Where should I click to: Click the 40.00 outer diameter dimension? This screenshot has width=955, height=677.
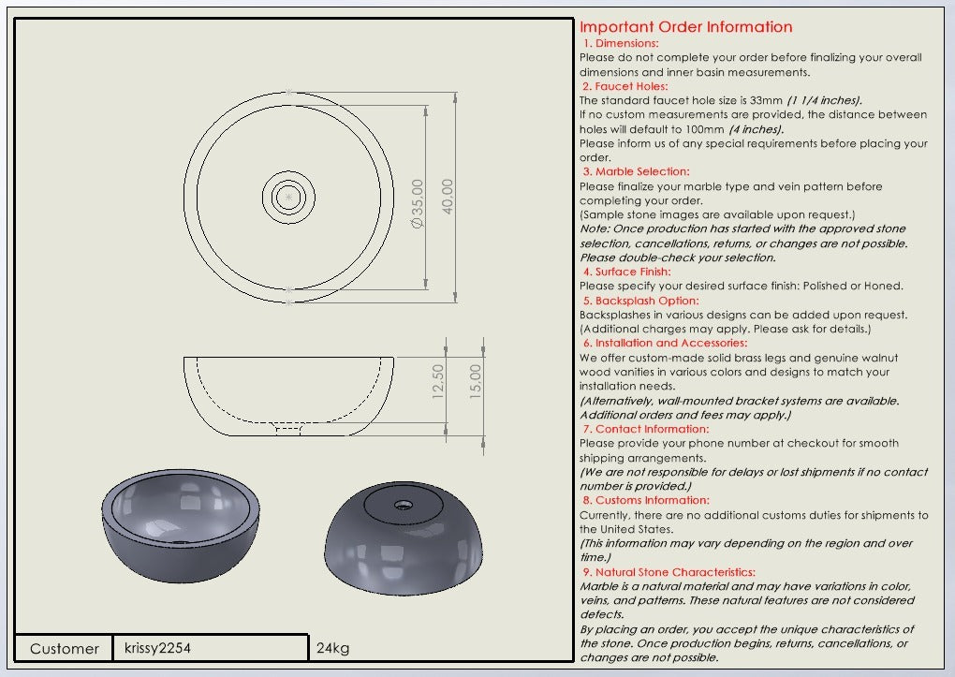(448, 197)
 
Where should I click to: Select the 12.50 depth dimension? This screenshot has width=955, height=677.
(438, 382)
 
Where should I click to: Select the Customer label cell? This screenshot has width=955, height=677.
(65, 648)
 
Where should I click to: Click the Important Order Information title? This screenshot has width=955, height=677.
(685, 27)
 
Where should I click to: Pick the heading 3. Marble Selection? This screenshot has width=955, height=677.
(636, 171)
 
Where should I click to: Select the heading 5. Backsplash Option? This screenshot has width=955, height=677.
(640, 301)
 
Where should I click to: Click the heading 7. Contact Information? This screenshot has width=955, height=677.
(646, 429)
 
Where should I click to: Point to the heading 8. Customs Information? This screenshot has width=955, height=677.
(646, 500)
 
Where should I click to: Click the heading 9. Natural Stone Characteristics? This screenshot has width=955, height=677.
(668, 571)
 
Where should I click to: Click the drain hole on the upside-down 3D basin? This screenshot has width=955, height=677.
(404, 504)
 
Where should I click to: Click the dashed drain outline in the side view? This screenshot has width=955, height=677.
(287, 428)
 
